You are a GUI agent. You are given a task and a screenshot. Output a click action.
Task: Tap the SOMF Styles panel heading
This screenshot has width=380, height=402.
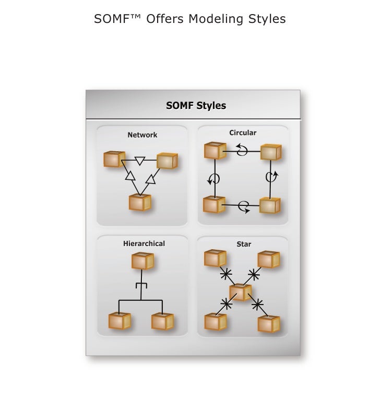click(196, 105)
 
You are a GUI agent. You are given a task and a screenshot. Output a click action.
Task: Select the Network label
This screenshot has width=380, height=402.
click(142, 135)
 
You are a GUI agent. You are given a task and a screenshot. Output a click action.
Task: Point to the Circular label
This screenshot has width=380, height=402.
click(243, 133)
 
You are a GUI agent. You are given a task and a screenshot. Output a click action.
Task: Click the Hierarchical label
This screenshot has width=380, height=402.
click(144, 243)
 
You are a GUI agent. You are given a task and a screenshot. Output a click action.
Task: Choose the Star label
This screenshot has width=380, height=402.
click(243, 244)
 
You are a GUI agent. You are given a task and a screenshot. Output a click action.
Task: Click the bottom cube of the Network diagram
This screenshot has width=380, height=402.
click(140, 202)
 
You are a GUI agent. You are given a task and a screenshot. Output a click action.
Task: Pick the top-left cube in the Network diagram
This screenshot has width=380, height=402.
click(114, 159)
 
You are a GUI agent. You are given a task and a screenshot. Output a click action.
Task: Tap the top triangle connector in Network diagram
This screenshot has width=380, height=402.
click(139, 160)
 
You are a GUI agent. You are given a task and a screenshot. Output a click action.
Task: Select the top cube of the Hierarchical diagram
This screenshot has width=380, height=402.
click(142, 261)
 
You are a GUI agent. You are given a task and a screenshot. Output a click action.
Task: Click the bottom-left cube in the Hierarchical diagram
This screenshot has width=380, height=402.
click(120, 321)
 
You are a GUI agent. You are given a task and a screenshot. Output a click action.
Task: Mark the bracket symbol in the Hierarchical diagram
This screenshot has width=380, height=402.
click(141, 285)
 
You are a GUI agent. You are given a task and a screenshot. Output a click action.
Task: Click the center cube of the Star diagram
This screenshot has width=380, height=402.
click(240, 292)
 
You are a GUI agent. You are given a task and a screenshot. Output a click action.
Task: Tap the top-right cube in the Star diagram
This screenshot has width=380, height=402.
click(268, 259)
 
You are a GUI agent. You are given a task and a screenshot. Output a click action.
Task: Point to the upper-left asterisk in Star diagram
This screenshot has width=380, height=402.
click(225, 273)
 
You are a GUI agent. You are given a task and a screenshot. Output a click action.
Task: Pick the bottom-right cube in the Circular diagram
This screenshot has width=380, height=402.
click(269, 205)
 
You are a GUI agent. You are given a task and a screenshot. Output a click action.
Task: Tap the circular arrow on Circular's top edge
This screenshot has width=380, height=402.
click(242, 150)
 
